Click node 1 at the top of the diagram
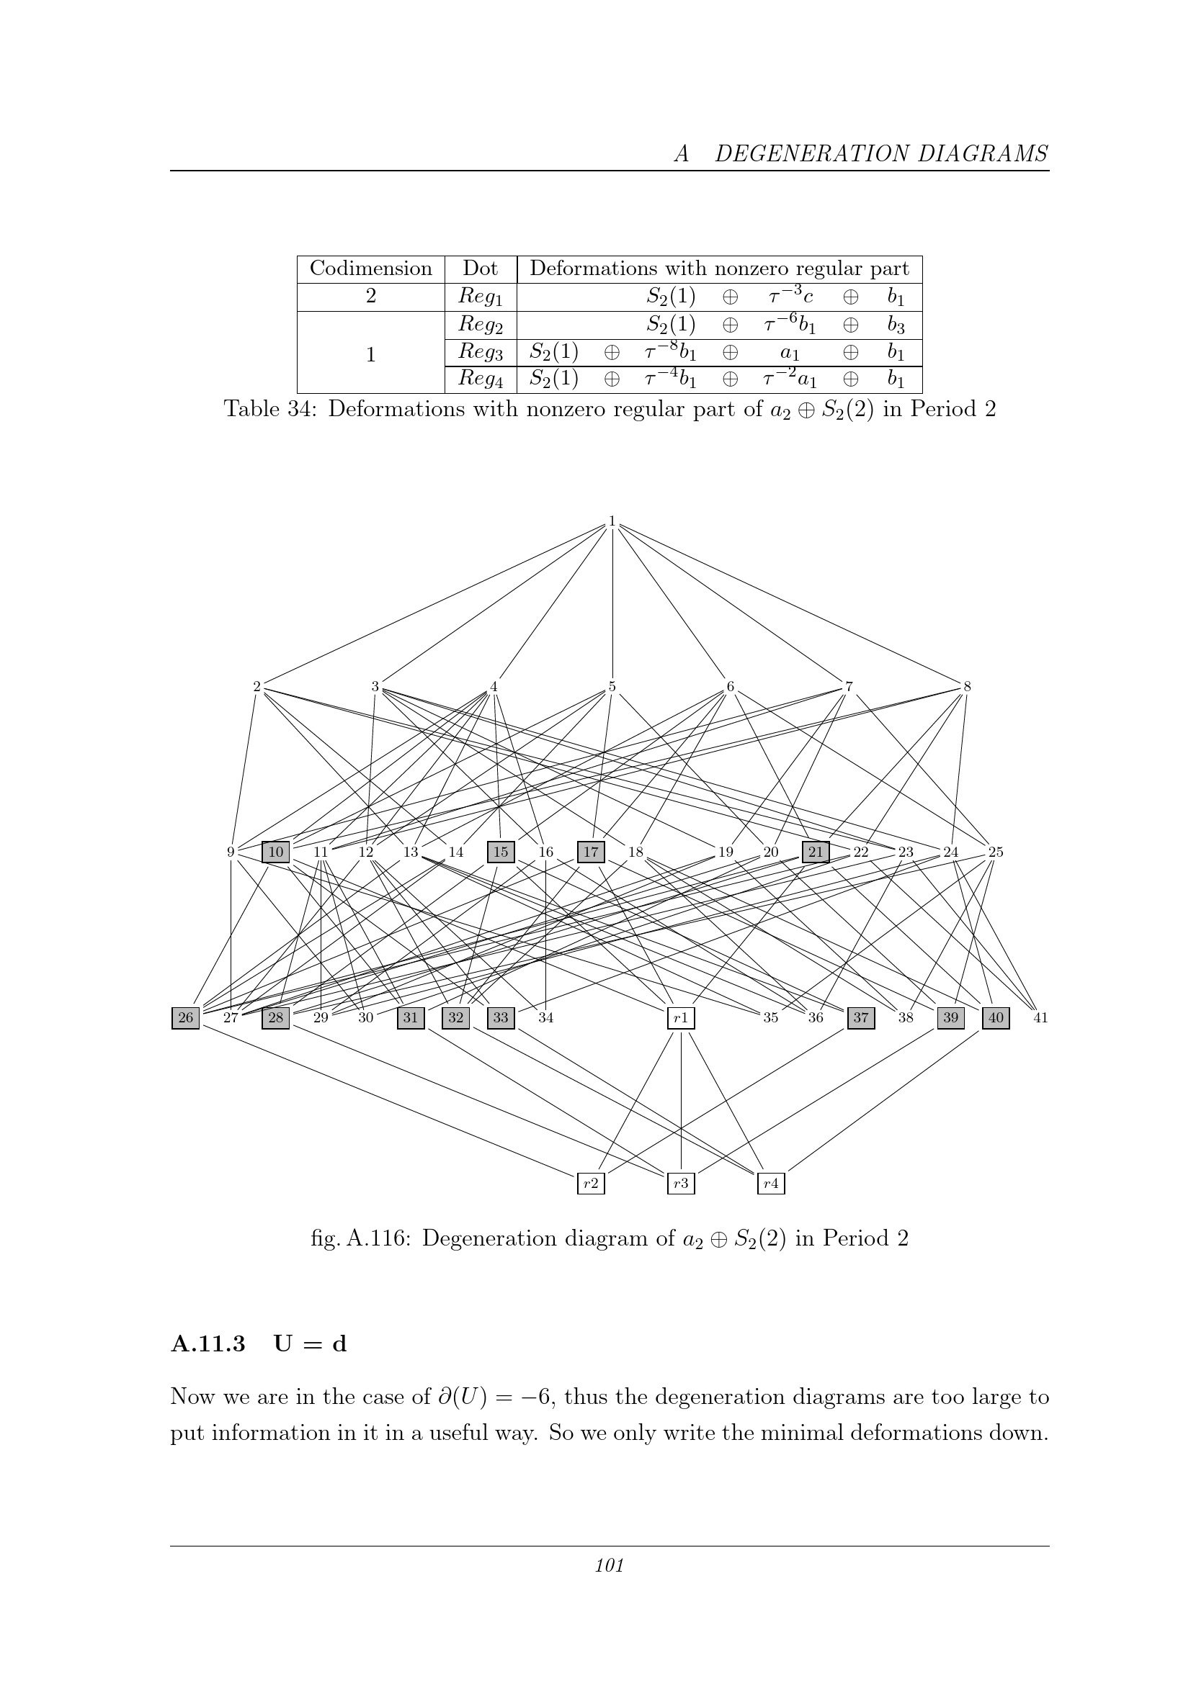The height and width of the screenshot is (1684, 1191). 611,521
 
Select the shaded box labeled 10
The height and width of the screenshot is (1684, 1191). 276,852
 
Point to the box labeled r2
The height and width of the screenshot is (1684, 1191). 591,1182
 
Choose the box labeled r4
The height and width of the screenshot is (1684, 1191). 770,1182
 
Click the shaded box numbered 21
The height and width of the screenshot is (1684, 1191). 816,852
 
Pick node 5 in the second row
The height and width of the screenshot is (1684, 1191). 612,688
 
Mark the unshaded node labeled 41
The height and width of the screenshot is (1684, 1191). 1040,1017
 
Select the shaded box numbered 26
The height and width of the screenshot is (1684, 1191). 186,1017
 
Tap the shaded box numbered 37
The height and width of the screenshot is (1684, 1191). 861,1017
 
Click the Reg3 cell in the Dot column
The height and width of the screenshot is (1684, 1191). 481,352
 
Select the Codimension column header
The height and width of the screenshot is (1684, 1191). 370,269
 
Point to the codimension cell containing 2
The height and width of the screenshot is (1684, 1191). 370,297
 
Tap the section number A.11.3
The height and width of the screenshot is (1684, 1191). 208,1343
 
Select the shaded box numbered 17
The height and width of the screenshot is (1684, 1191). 591,852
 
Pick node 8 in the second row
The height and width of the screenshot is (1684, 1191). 967,688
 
